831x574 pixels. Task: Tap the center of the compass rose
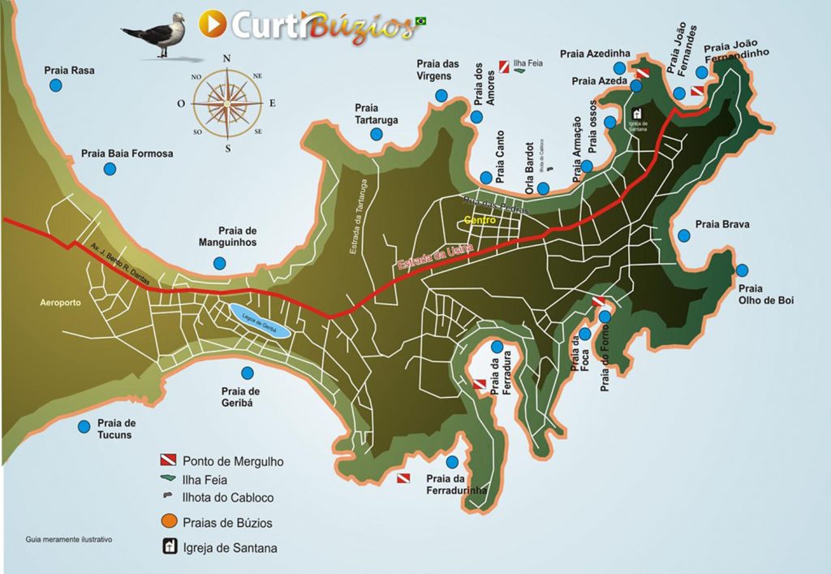[x=227, y=103]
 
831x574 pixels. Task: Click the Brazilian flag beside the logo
[x=421, y=20]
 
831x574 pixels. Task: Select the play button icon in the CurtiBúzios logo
[x=213, y=24]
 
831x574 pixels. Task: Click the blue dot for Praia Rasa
[x=56, y=85]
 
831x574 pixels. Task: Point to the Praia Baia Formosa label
[x=127, y=153]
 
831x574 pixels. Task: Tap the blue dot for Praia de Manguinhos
[x=219, y=263]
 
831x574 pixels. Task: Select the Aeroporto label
[x=61, y=302]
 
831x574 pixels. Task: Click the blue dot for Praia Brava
[x=684, y=235]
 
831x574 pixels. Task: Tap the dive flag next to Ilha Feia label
[x=504, y=62]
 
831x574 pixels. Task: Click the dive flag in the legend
[x=167, y=460]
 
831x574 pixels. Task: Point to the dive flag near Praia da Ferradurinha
[x=403, y=479]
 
